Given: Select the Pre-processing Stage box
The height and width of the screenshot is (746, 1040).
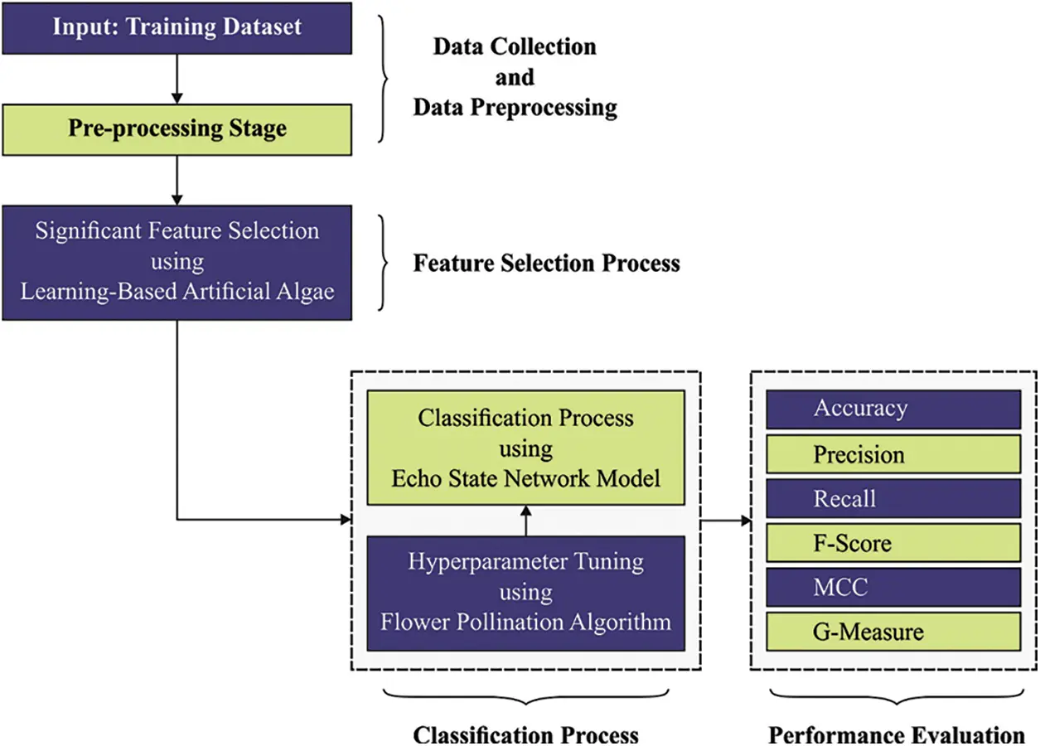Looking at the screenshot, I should coord(177,128).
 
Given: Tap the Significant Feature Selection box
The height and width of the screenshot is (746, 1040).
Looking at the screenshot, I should coord(177,262).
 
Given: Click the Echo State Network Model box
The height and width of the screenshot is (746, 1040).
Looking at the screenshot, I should coord(525,448).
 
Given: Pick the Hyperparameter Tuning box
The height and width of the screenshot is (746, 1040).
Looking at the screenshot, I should coord(525,592).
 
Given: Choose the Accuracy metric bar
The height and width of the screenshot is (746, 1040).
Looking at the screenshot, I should coord(893,409).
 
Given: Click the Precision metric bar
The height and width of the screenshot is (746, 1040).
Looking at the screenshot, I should coord(893,454).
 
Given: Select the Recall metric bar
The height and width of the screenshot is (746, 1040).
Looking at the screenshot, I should coord(893,499).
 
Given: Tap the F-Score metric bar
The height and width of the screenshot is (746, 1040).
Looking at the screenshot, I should coord(893,544).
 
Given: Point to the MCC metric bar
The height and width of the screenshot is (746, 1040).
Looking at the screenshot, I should coord(893,588).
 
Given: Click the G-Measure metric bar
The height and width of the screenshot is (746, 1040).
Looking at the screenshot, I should coord(893,632).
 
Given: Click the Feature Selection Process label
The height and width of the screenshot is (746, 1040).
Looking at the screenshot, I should coord(547,264).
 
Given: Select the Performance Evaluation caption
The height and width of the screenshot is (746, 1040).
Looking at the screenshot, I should coord(897,734).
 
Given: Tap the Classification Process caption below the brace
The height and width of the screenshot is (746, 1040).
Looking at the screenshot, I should coord(526,734).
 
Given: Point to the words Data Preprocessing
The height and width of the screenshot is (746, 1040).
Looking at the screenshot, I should coord(515,108).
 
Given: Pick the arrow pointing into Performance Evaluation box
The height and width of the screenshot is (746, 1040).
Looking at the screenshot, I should coord(727,521).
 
